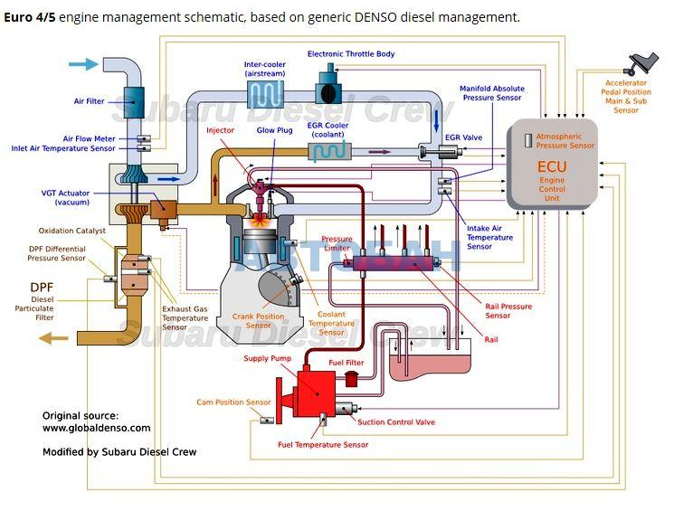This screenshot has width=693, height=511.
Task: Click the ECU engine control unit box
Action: tap(552, 167)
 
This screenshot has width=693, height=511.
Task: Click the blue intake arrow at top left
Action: tap(83, 63)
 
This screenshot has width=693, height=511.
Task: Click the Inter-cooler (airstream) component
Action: tap(266, 94)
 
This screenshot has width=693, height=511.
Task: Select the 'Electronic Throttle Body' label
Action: tap(351, 54)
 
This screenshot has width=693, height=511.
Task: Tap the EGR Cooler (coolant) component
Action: tap(328, 152)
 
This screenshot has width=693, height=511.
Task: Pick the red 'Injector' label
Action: tap(220, 130)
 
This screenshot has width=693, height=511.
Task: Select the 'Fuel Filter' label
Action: tap(346, 363)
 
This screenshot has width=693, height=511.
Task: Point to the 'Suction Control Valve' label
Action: tap(396, 422)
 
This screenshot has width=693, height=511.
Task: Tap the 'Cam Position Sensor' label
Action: tap(233, 402)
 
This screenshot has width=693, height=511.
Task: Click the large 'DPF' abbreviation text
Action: tap(43, 288)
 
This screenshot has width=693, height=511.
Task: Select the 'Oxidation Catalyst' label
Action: tap(72, 231)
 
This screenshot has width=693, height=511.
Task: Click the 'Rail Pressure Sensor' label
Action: tap(508, 311)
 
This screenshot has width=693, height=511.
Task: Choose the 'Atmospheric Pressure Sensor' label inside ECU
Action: tap(565, 141)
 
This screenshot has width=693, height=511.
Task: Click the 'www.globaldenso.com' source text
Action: tap(97, 429)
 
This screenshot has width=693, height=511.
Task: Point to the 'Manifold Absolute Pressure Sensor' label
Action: tap(492, 93)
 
